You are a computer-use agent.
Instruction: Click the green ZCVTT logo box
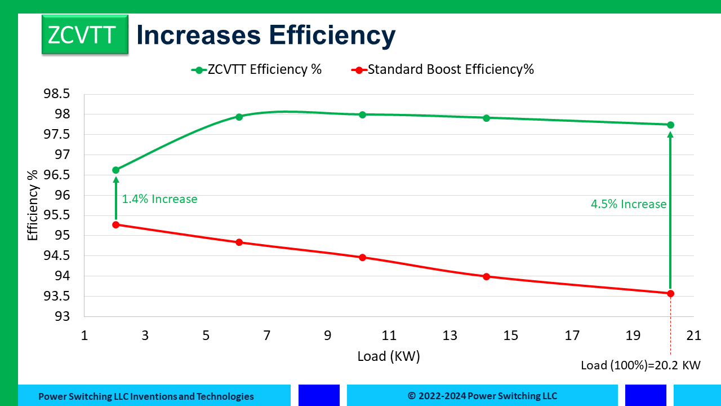click(84, 34)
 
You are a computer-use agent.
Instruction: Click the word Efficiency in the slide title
click(332, 34)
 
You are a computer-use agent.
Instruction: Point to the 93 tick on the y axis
click(64, 316)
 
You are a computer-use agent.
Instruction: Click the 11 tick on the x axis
click(389, 336)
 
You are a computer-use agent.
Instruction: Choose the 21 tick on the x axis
click(693, 336)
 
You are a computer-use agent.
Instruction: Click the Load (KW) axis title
click(389, 356)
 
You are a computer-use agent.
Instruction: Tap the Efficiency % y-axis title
click(33, 205)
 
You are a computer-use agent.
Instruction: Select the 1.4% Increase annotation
click(159, 199)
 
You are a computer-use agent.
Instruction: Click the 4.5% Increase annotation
click(629, 204)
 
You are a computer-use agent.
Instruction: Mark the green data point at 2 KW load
click(116, 170)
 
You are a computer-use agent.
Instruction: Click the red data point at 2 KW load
click(116, 224)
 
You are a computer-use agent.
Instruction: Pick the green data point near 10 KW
click(362, 114)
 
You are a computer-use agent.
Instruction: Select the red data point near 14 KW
click(486, 276)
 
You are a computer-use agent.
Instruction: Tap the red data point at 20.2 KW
click(670, 293)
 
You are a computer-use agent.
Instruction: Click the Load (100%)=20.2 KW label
click(640, 365)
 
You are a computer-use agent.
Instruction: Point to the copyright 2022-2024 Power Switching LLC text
click(482, 396)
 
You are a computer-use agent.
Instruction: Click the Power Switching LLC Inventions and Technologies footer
click(146, 396)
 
